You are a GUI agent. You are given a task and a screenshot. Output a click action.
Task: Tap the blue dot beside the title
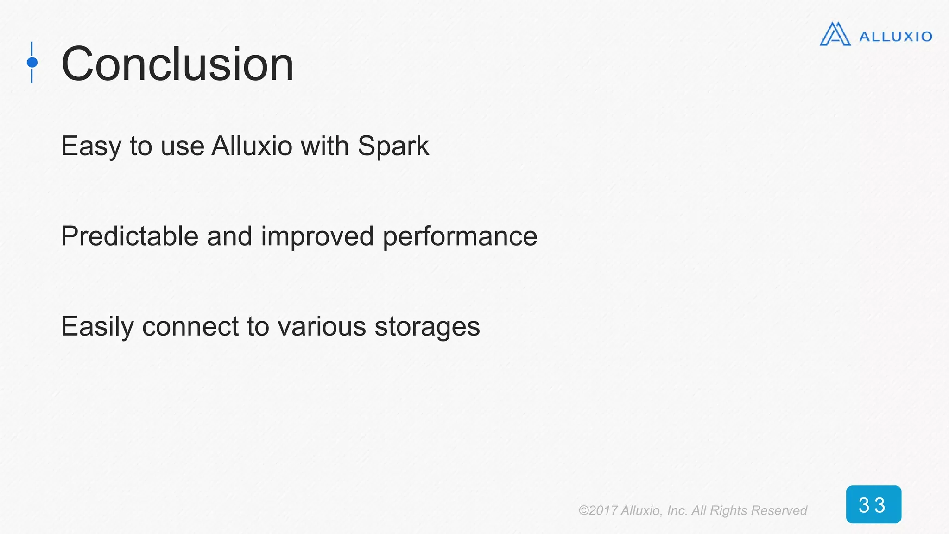pos(32,62)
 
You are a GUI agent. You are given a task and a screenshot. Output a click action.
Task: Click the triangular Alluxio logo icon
pos(835,35)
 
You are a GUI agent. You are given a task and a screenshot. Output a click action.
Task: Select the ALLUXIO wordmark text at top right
pos(895,37)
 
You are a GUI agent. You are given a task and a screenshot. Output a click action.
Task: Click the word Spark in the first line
pos(393,146)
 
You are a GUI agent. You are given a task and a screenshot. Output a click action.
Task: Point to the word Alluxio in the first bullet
pos(252,146)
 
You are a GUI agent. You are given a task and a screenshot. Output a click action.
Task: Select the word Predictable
pos(129,236)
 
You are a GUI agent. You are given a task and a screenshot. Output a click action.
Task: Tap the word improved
pos(317,237)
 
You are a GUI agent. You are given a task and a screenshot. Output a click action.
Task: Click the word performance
pos(460,237)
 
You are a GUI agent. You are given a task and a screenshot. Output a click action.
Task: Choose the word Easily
pos(97,327)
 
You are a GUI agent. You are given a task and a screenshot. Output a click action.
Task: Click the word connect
pos(190,327)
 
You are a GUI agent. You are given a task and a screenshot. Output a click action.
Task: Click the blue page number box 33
pos(873,504)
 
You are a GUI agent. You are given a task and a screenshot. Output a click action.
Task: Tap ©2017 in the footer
pos(597,510)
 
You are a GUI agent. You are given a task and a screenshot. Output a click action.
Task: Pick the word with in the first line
pos(324,146)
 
